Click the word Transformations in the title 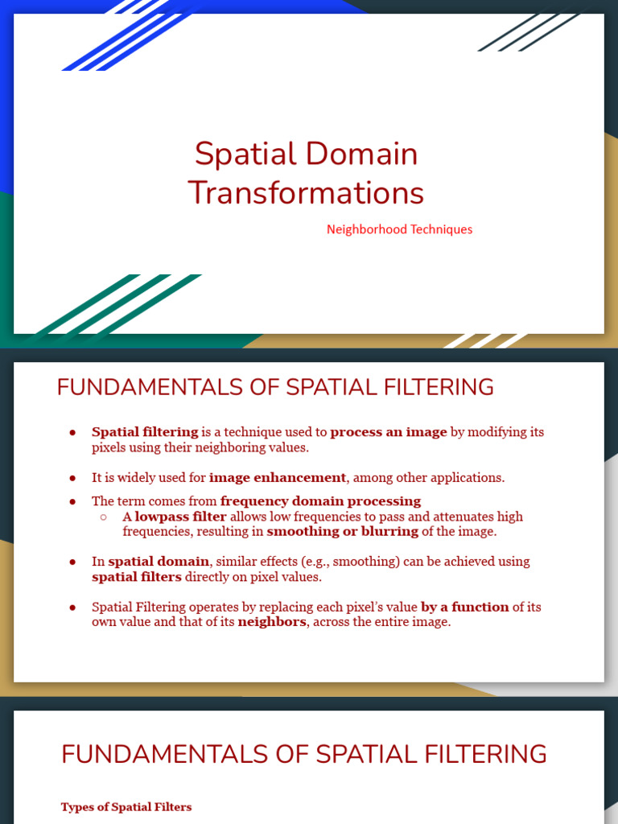(306, 193)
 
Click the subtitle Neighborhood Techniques (399, 229)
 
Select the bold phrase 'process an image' (389, 432)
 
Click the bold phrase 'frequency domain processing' (320, 502)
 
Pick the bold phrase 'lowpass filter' (180, 517)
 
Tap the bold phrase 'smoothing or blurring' (343, 532)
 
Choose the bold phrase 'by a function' (465, 607)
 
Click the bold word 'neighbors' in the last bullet (272, 622)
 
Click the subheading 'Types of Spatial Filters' (126, 807)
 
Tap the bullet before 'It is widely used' (72, 478)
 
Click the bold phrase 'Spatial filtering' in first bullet (145, 432)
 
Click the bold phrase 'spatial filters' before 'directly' (137, 577)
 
